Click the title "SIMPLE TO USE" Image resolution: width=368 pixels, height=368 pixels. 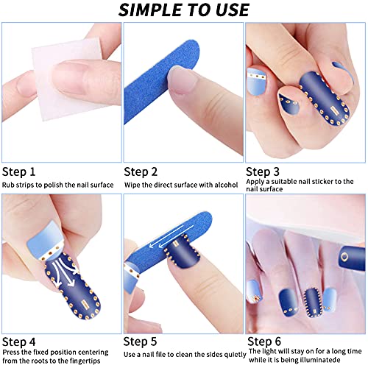pos(184,10)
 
